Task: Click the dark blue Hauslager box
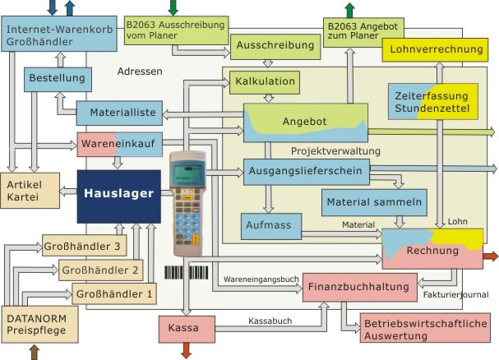118,196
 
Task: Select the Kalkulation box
265,82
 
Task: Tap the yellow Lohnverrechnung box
435,50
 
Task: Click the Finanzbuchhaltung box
360,287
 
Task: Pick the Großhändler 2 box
101,270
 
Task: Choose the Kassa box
187,329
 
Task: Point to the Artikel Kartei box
30,191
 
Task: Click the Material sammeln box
374,203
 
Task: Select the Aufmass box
271,226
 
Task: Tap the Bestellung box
58,79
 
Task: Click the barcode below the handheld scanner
187,273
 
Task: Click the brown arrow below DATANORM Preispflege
35,353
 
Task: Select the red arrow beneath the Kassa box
186,350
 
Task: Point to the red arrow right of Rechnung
490,256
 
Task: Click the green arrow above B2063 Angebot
349,10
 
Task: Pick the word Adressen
140,72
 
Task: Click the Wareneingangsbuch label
261,279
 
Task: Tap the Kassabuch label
270,321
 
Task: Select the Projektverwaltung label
335,151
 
